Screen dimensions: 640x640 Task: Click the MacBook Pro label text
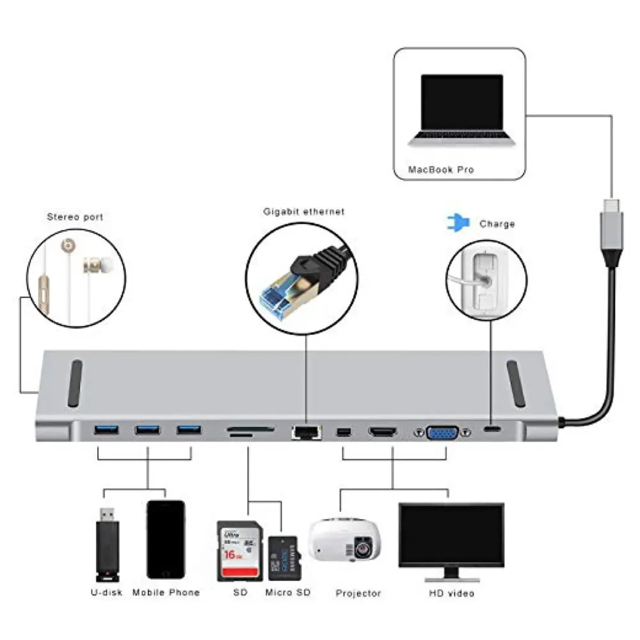[442, 170]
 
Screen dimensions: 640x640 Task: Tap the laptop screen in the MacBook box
[461, 100]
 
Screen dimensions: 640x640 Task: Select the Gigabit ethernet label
[304, 211]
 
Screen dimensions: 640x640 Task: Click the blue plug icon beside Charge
[458, 223]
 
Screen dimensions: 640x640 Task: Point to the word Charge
[497, 224]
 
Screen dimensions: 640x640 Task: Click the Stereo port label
[75, 217]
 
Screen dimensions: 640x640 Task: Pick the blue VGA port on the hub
[443, 433]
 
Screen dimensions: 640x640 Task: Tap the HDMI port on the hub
[383, 433]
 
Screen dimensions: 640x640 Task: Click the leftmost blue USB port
[106, 430]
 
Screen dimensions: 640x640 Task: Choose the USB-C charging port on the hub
[492, 429]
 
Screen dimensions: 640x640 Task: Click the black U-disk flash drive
[108, 543]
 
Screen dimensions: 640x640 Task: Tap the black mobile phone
[166, 540]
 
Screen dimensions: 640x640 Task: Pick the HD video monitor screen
[451, 533]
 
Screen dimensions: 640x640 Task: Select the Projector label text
[358, 593]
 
